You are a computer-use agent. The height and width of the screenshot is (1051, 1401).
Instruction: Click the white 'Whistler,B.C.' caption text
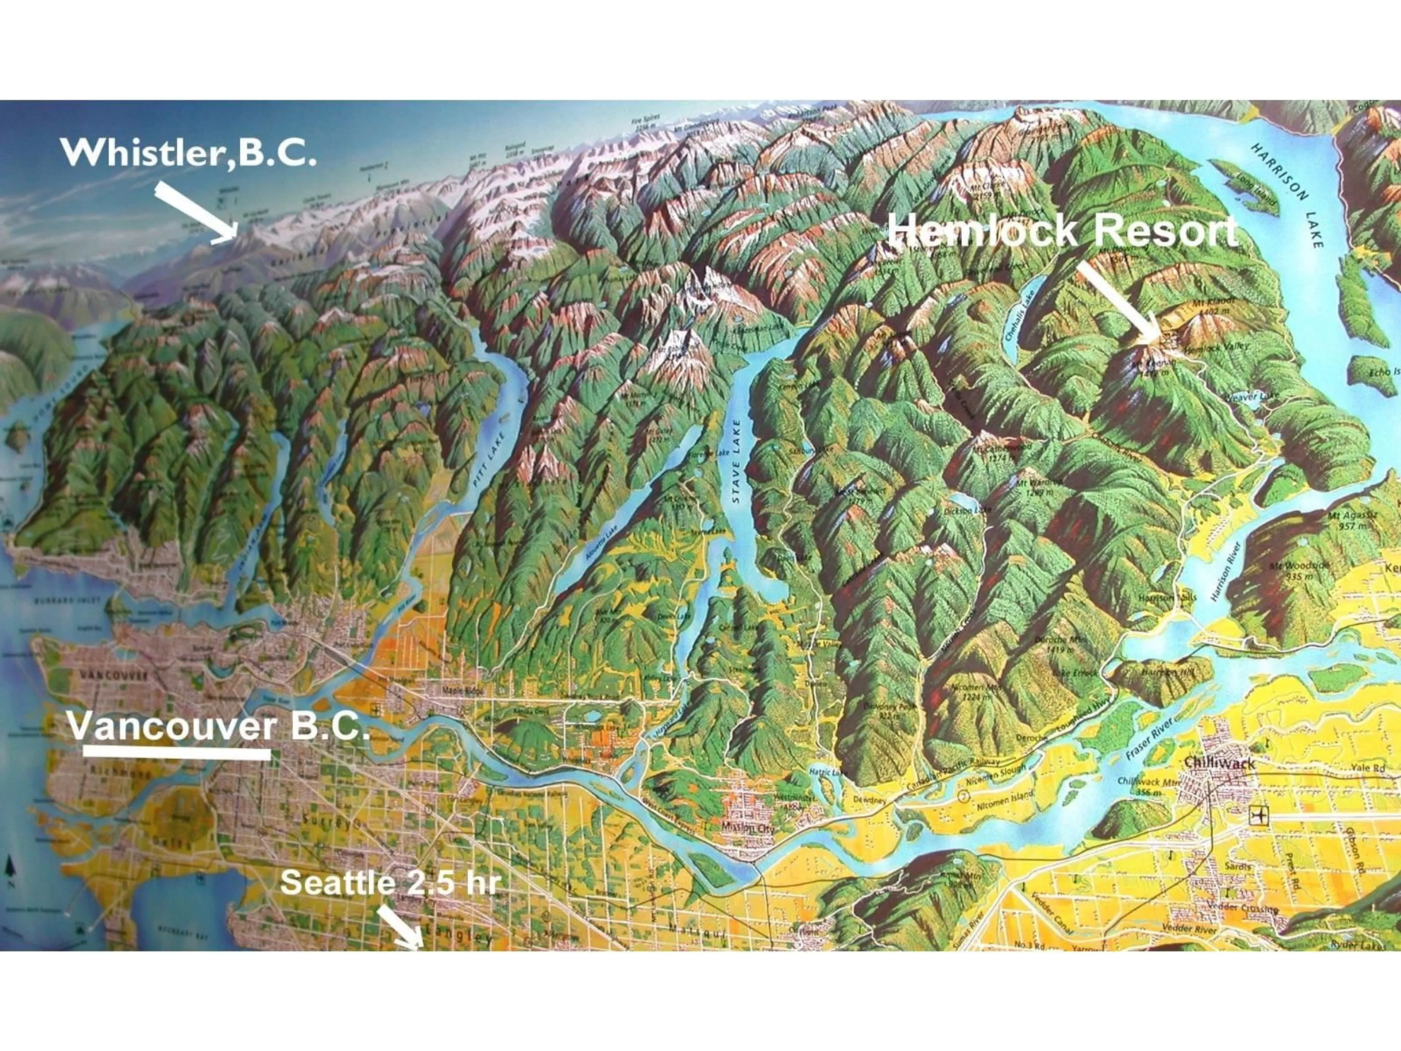tap(188, 153)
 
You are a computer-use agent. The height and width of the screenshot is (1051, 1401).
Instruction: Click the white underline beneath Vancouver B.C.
tap(177, 754)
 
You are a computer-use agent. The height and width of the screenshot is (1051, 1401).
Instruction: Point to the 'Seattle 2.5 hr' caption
tap(390, 882)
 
